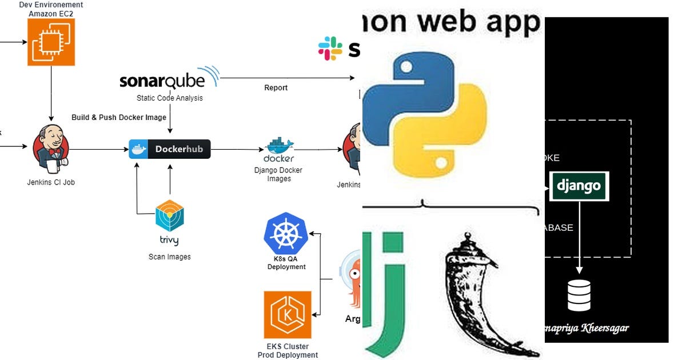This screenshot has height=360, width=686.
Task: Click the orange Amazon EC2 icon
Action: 51,41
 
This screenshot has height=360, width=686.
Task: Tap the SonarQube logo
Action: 169,79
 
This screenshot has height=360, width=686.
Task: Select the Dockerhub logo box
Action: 170,149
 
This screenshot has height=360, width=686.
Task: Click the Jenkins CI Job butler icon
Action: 52,150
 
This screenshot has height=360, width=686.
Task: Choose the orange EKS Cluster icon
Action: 288,315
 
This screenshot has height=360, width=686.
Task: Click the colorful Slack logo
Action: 330,49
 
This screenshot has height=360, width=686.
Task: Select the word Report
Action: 276,87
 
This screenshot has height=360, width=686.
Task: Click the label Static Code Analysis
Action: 169,98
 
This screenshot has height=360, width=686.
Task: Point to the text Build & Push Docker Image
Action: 119,117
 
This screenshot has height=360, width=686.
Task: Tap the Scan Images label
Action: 169,257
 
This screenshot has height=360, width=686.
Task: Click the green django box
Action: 579,186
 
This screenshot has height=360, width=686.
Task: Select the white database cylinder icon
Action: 579,294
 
